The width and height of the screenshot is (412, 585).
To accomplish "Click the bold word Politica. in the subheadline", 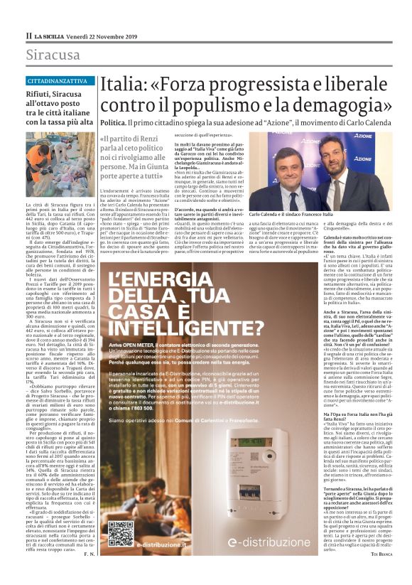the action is click(x=113, y=123).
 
